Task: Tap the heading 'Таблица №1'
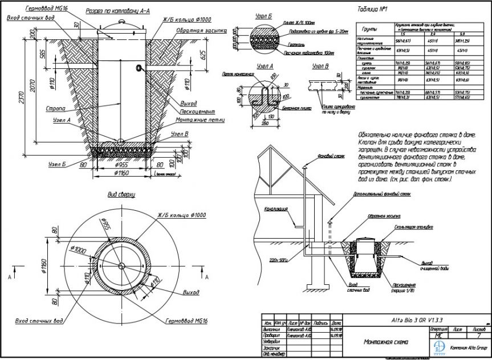[x=371, y=10]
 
